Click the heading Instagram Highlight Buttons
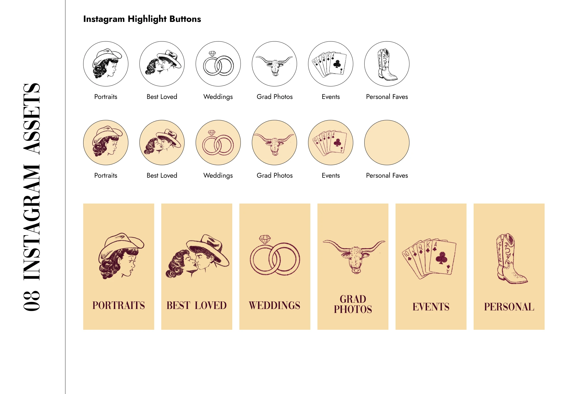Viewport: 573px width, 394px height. [142, 19]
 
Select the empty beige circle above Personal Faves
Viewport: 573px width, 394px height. [387, 142]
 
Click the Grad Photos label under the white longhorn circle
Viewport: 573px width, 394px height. [275, 97]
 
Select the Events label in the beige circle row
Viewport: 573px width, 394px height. [331, 175]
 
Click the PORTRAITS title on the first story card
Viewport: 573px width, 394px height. [119, 305]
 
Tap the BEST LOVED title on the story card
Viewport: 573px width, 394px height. [196, 305]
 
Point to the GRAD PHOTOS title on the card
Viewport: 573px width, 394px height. [353, 304]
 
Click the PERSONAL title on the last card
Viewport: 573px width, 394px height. [509, 307]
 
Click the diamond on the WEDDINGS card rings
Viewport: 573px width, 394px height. [265, 239]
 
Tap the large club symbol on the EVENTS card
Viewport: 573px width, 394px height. [442, 258]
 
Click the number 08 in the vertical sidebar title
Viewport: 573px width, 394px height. [32, 301]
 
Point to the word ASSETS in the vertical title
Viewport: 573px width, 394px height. [32, 119]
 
